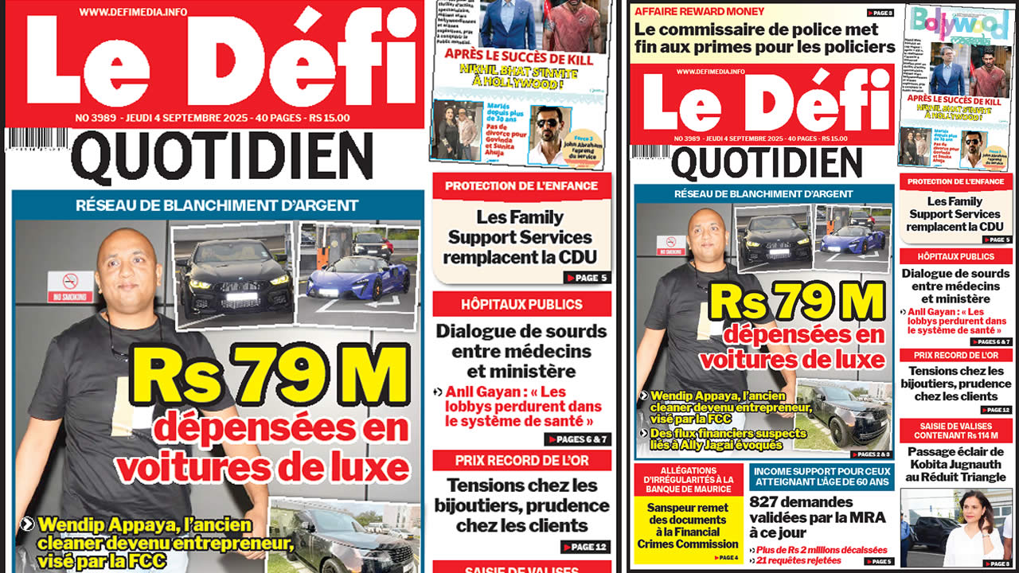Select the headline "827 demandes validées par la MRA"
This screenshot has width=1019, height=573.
pos(817,517)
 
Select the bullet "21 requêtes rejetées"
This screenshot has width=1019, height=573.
pos(797,560)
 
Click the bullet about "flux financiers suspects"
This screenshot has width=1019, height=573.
pos(724,439)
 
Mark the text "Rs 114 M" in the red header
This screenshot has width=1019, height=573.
pos(984,436)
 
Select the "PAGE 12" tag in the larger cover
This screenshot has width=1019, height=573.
pos(586,547)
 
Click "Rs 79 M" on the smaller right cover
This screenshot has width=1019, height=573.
pos(796,302)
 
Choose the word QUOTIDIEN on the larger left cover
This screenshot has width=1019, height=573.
pos(222,158)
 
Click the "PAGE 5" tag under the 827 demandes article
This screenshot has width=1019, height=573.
pos(879,561)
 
